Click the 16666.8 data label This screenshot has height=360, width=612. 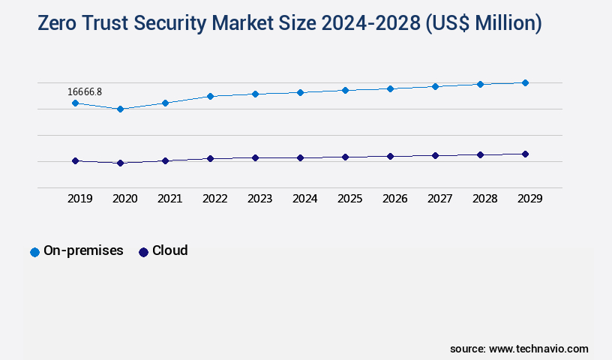click(85, 92)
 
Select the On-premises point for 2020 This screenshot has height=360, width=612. click(120, 109)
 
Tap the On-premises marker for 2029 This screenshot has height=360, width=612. click(525, 82)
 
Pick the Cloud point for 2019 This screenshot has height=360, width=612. click(75, 160)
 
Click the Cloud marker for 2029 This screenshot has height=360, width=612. click(525, 154)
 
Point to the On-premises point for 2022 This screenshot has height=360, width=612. click(210, 96)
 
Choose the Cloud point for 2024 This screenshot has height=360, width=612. click(300, 157)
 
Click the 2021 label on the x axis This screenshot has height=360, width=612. click(169, 199)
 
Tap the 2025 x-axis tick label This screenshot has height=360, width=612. click(349, 199)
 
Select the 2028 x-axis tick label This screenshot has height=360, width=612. click(484, 199)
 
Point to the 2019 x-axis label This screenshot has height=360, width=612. click(79, 199)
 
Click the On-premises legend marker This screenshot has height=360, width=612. click(34, 252)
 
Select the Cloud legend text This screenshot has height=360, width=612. click(169, 250)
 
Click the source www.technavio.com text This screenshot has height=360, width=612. click(519, 349)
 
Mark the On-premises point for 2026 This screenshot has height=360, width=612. click(390, 88)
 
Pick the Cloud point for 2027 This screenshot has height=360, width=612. click(435, 155)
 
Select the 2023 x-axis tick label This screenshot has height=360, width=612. click(259, 199)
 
